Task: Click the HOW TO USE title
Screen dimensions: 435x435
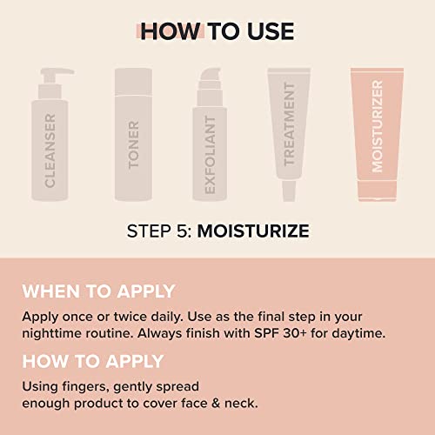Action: click(217, 32)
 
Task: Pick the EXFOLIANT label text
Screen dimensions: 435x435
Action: click(211, 152)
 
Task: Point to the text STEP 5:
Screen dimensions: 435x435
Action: click(158, 232)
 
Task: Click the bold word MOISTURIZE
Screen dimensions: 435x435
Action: click(253, 232)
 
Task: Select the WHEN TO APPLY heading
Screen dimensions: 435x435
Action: click(98, 291)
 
